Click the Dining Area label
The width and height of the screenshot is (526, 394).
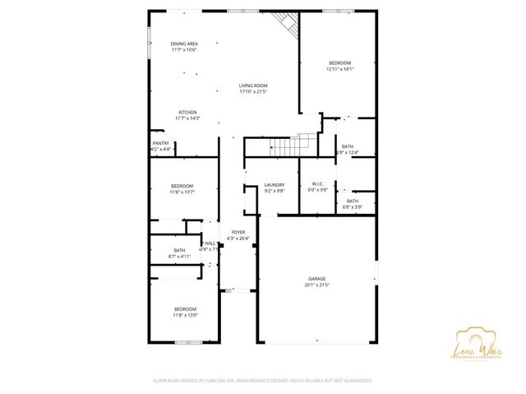(x=184, y=44)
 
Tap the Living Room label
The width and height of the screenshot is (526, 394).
(x=254, y=86)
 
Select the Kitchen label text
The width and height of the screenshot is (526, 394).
(x=187, y=112)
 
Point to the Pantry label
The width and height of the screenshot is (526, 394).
(x=160, y=143)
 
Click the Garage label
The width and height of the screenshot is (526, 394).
(x=316, y=279)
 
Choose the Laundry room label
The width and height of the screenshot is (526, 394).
(x=275, y=185)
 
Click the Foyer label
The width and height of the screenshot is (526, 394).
(x=238, y=233)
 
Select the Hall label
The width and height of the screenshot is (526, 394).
(x=210, y=243)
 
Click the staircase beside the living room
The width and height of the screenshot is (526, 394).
(x=284, y=146)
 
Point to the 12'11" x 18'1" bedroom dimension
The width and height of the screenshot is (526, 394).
(x=339, y=69)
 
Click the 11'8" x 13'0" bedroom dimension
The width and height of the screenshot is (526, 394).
(x=186, y=315)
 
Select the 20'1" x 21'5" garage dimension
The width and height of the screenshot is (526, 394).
(x=316, y=285)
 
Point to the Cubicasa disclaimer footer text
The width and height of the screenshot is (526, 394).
(x=263, y=381)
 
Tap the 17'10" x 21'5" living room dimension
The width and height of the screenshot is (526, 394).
(x=254, y=91)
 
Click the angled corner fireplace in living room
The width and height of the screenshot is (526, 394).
(x=286, y=25)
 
